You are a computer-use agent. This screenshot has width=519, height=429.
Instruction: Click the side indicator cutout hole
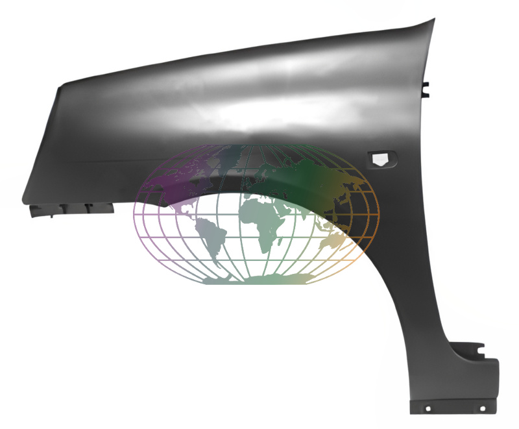coord(382,157)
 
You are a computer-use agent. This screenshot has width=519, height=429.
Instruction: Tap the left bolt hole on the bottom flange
coord(428,408)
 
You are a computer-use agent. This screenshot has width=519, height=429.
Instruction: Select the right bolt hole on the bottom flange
coord(482,408)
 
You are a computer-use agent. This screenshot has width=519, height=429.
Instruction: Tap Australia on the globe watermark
coord(332,241)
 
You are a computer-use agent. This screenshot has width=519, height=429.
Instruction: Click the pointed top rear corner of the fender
coord(431,21)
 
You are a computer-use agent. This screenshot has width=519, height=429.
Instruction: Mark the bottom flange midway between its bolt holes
coord(455,408)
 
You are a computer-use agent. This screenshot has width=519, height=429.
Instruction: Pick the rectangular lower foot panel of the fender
coord(454,383)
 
